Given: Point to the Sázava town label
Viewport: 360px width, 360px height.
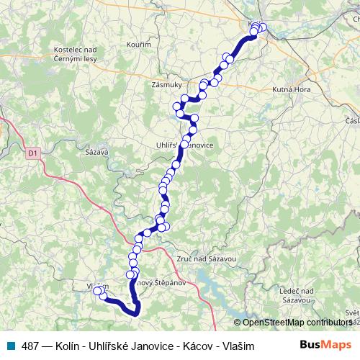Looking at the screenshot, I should pyautogui.click(x=96, y=153).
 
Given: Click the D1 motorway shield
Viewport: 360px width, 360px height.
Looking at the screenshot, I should pyautogui.click(x=32, y=153).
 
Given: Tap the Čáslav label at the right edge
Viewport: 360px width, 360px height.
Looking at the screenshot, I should pyautogui.click(x=353, y=120).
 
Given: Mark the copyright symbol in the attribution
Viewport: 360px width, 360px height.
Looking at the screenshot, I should pyautogui.click(x=238, y=322).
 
